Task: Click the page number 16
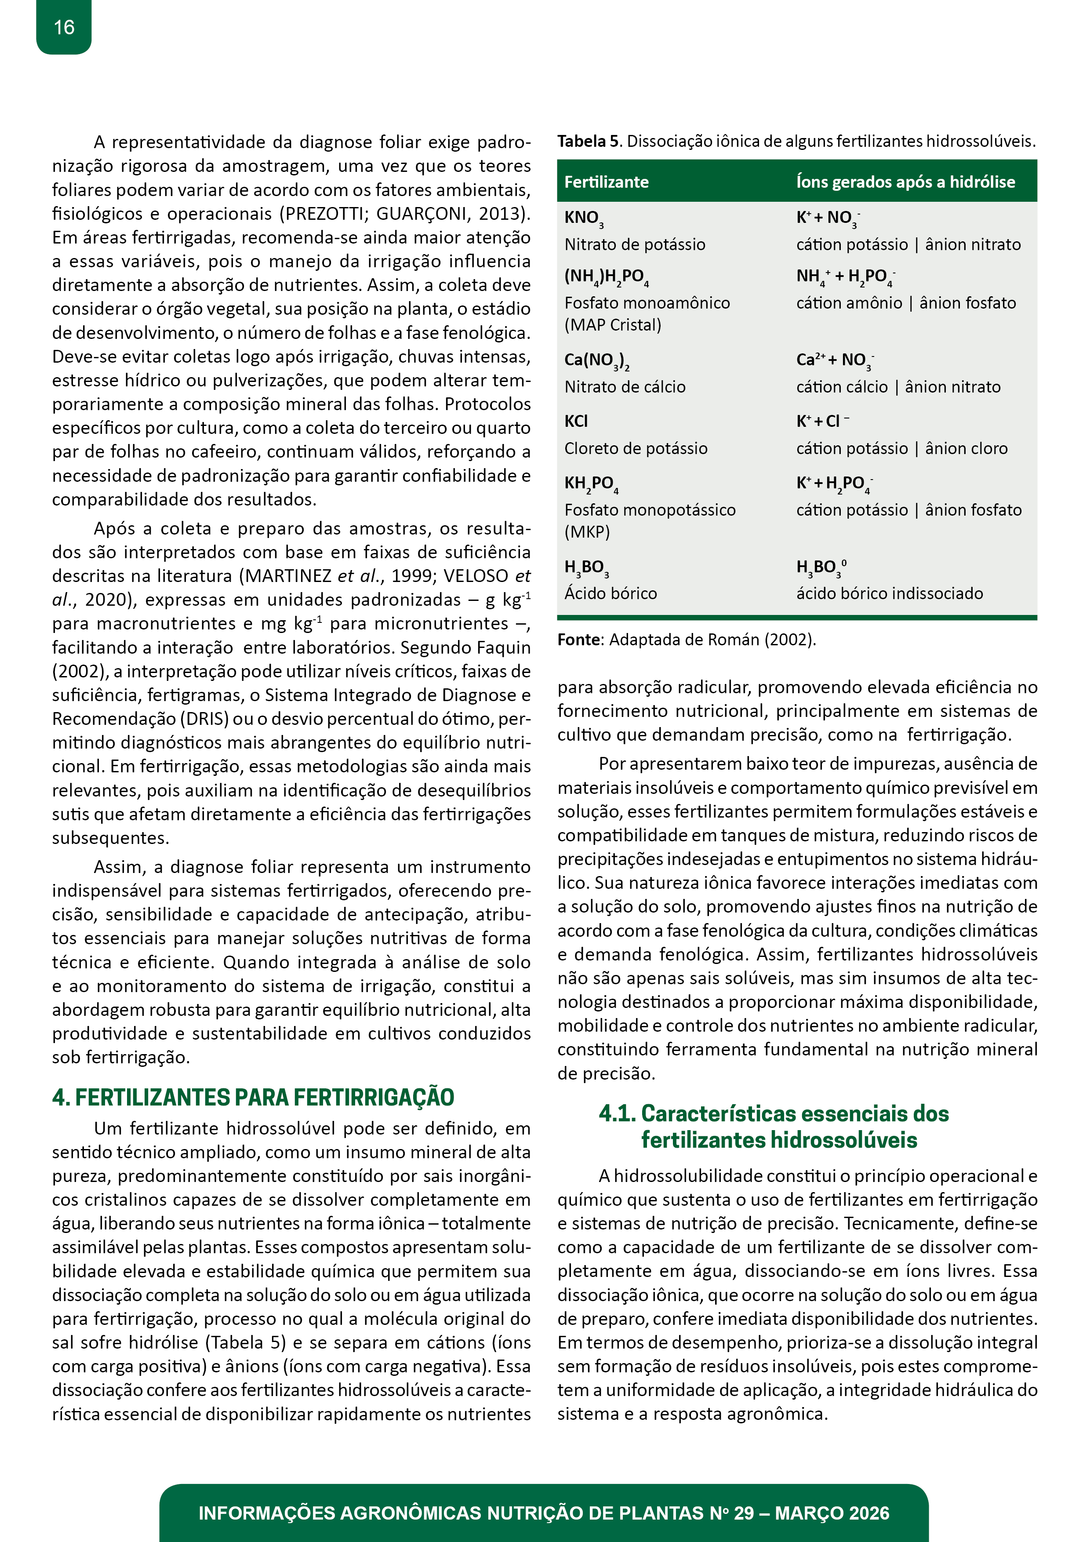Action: [x=64, y=28]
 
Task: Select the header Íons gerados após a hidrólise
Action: [x=905, y=182]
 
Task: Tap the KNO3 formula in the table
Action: [x=583, y=218]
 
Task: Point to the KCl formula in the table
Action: [x=576, y=421]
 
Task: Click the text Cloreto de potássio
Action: [x=636, y=449]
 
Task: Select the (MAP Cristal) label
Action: [x=613, y=325]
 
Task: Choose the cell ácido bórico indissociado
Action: [x=889, y=594]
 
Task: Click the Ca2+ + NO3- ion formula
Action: [x=835, y=360]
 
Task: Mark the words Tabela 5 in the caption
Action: [x=588, y=142]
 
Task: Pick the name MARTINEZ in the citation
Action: [x=288, y=576]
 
